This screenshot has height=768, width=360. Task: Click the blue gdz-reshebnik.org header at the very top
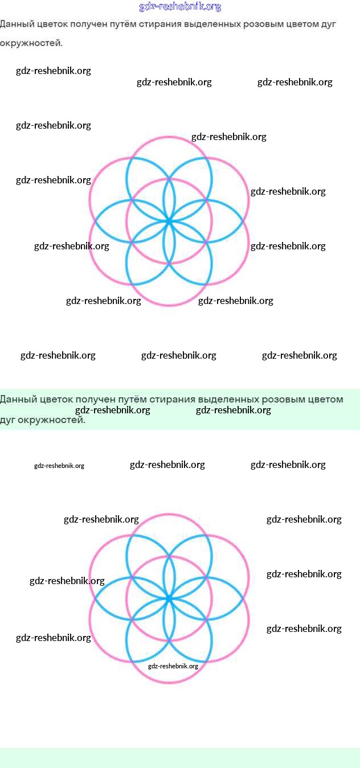[x=180, y=7]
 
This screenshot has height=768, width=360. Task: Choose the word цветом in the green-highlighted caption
[x=326, y=399]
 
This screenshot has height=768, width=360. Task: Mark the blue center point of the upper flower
[x=169, y=221]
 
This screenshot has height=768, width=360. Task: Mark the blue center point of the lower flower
[x=169, y=598]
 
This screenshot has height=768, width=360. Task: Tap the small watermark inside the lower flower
[x=173, y=666]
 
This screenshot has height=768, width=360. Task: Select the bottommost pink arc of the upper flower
[x=169, y=305]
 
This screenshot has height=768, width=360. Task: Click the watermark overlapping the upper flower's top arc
[x=228, y=137]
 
